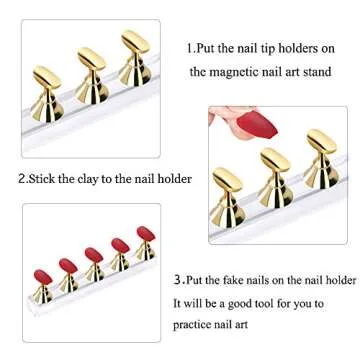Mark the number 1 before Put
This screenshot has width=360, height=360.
(x=190, y=47)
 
